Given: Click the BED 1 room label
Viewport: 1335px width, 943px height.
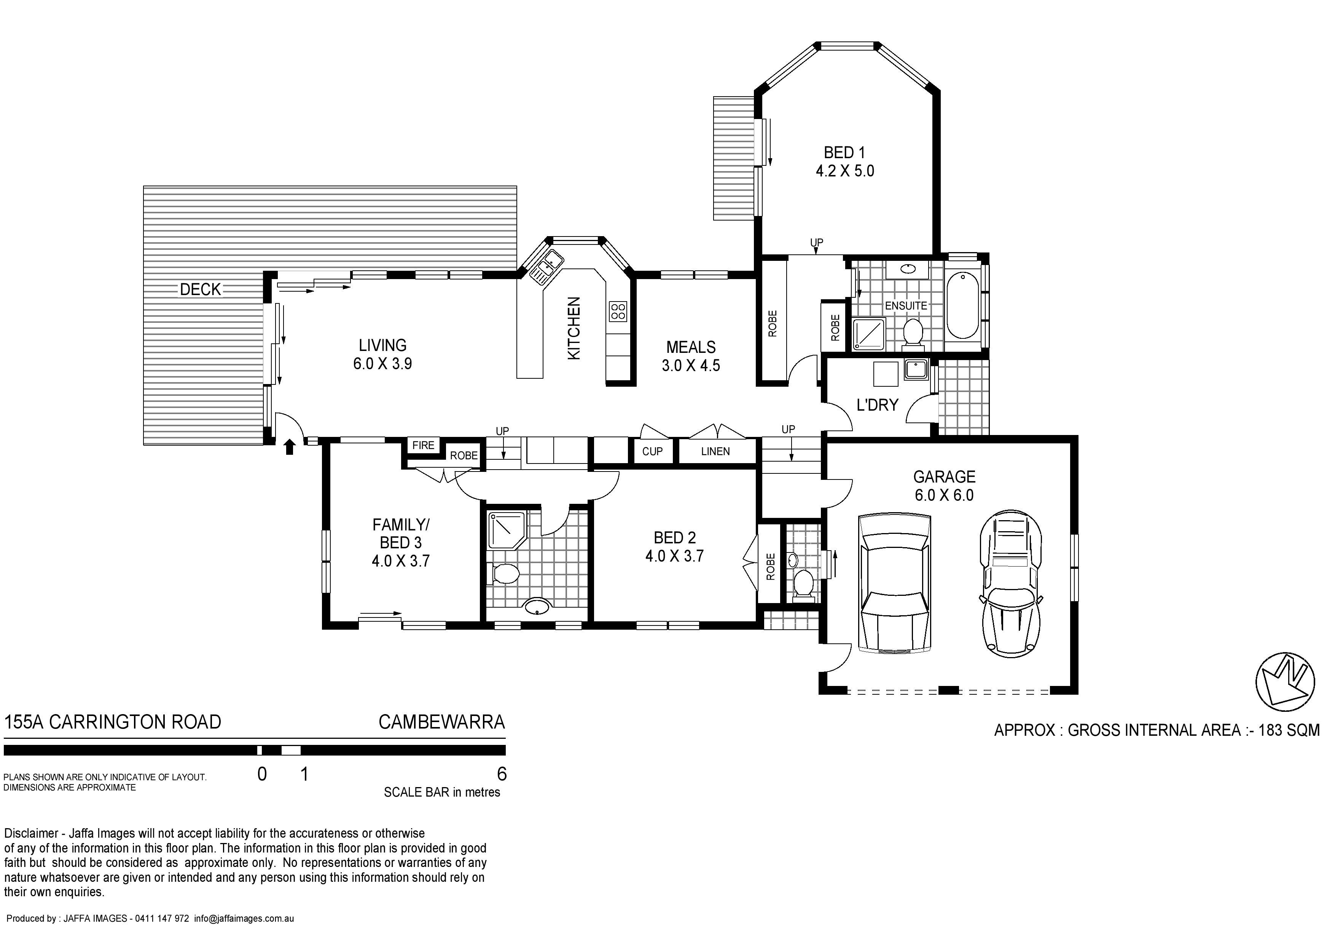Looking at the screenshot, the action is click(x=844, y=153).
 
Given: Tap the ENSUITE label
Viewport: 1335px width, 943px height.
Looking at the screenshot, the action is click(x=906, y=306).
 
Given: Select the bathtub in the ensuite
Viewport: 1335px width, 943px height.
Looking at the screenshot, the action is click(x=963, y=306).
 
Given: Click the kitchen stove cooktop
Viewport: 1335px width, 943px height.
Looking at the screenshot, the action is click(x=618, y=312).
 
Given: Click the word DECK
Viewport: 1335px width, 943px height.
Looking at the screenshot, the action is click(x=201, y=289).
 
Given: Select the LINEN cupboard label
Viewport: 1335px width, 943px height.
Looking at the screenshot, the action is click(x=715, y=451).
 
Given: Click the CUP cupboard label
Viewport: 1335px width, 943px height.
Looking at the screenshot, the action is click(x=652, y=451).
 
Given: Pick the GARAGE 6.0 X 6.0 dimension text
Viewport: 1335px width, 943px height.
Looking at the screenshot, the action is click(x=944, y=495).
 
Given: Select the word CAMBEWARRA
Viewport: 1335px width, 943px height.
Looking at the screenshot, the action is click(x=442, y=722).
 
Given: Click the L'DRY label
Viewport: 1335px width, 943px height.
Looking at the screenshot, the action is click(x=878, y=405).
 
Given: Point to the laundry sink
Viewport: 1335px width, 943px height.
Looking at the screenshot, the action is click(x=916, y=370).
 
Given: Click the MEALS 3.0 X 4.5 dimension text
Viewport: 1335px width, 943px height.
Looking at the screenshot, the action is click(x=691, y=365).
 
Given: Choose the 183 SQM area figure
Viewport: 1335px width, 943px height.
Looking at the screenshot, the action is click(x=1289, y=730).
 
